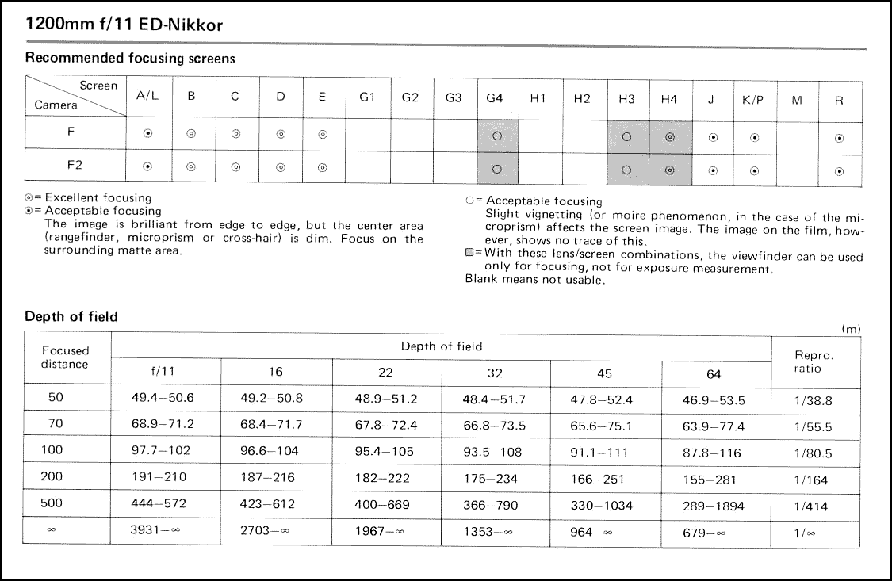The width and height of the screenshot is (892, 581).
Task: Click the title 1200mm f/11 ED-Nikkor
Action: (x=124, y=25)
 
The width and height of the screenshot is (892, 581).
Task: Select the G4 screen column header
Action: (x=495, y=98)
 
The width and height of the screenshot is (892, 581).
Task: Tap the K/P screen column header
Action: (x=752, y=99)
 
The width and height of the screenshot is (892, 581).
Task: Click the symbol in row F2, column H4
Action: (x=670, y=170)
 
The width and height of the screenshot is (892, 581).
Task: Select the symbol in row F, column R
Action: (x=839, y=137)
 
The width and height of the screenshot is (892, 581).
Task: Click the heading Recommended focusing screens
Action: (x=130, y=58)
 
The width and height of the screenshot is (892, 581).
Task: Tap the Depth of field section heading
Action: (x=71, y=316)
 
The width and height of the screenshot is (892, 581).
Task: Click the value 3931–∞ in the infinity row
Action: (x=155, y=531)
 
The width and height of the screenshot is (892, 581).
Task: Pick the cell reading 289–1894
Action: (x=714, y=505)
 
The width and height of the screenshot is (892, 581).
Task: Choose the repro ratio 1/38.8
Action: (x=813, y=400)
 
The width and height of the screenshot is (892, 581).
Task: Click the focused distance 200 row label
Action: (x=56, y=478)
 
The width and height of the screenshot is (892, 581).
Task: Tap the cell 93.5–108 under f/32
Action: (x=494, y=453)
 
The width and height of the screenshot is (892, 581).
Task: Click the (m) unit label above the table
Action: (x=851, y=329)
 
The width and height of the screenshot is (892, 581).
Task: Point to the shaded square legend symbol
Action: (x=469, y=253)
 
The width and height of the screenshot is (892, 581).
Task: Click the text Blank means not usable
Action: (x=535, y=279)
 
